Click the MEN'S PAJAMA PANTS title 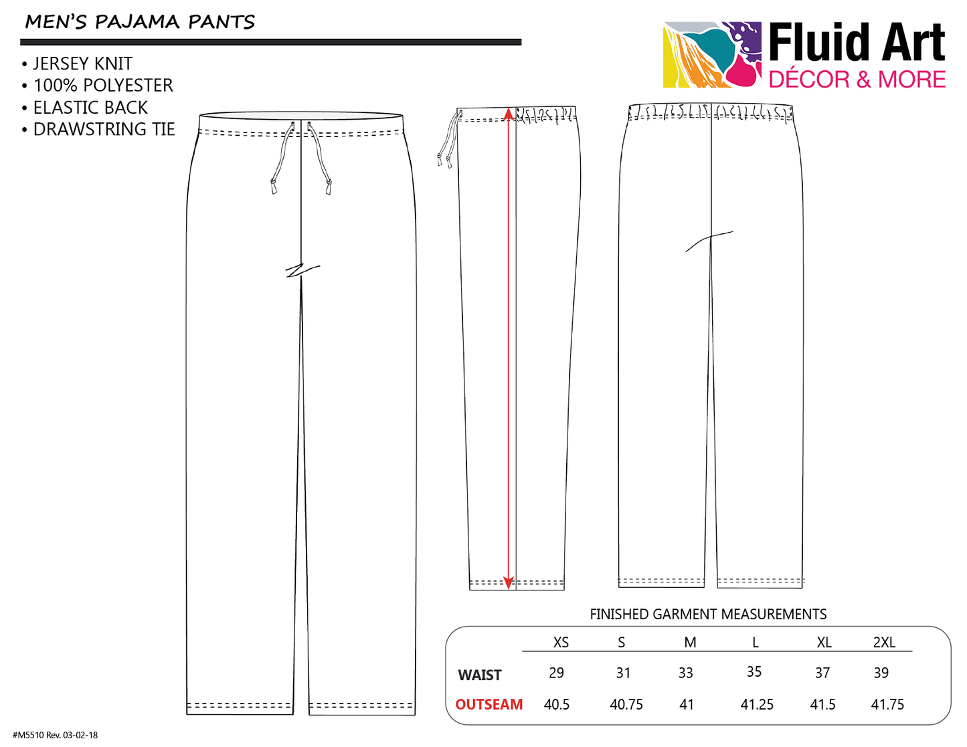[x=140, y=22]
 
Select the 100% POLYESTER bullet [x=98, y=86]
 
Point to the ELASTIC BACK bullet [x=84, y=108]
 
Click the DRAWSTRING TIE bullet [x=98, y=129]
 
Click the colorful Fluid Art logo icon [x=712, y=54]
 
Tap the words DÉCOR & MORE [x=857, y=80]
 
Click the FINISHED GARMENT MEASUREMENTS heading [x=708, y=614]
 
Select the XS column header [x=561, y=642]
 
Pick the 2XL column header [x=884, y=642]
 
